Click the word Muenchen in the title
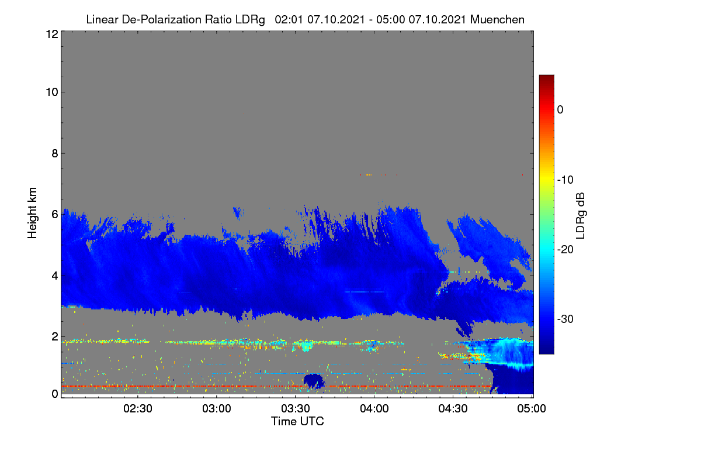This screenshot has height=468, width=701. [x=497, y=19]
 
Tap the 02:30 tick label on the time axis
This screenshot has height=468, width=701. [x=138, y=408]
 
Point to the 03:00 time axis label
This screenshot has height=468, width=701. [x=217, y=408]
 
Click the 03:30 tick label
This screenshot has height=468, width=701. [x=296, y=408]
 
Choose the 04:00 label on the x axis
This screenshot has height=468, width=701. [x=374, y=408]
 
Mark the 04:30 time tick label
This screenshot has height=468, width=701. [x=453, y=408]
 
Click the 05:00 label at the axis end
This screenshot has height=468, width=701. [x=532, y=408]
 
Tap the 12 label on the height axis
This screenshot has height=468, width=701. [x=52, y=34]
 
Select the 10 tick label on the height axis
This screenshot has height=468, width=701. [x=52, y=92]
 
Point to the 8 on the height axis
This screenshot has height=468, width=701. [x=55, y=154]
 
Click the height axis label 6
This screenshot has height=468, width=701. [x=55, y=215]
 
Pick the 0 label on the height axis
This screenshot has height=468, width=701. [x=55, y=394]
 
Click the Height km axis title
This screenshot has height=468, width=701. [x=32, y=213]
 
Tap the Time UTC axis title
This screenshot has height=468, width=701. [x=297, y=421]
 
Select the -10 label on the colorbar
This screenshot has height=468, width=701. [x=565, y=180]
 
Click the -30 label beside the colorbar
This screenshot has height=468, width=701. [x=565, y=319]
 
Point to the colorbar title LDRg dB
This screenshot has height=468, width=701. [x=580, y=216]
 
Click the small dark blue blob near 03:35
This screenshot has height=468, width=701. [x=314, y=381]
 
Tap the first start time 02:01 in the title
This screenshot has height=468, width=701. [x=289, y=19]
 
